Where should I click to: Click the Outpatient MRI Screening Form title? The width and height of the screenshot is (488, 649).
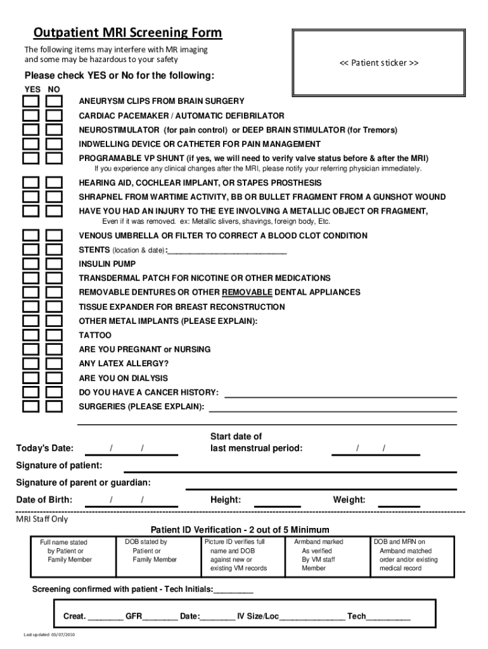128,33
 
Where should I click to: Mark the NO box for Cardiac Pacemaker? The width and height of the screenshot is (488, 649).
55,116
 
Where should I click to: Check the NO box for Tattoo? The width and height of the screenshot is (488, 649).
55,335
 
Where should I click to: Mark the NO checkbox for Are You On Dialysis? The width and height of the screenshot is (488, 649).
55,378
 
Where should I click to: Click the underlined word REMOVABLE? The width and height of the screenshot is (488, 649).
247,292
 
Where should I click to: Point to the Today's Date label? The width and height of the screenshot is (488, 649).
44,449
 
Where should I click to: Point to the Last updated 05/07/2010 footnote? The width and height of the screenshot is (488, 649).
49,635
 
